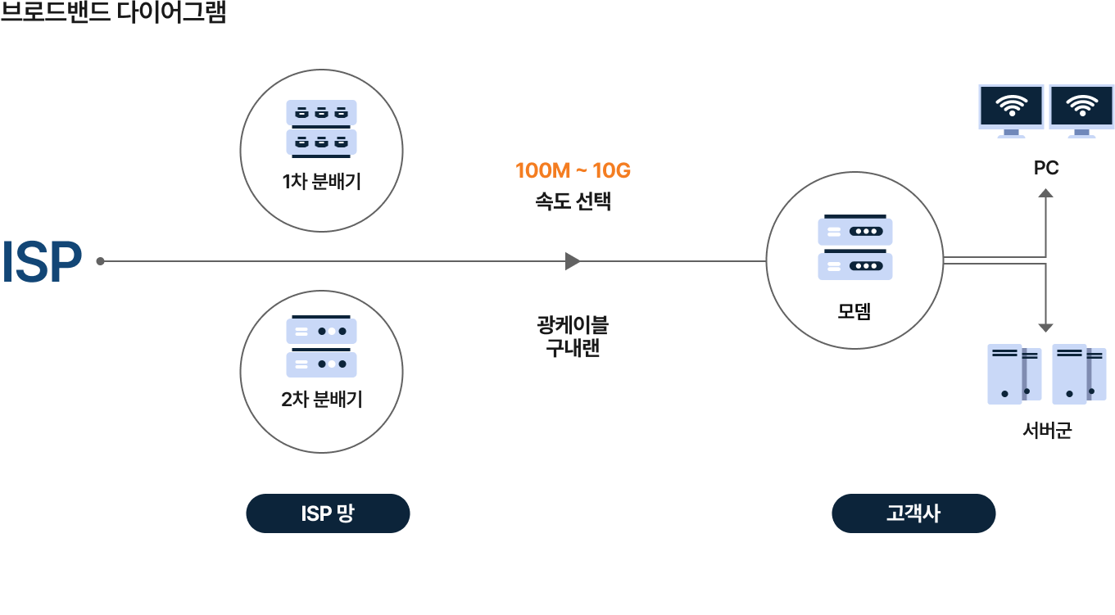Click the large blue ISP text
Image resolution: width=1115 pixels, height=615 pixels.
[42, 262]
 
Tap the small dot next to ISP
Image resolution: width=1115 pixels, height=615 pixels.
[100, 261]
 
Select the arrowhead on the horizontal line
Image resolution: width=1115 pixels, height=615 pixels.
[573, 261]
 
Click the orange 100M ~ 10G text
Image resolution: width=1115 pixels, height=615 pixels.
[573, 171]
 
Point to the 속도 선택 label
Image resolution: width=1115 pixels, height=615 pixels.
[573, 201]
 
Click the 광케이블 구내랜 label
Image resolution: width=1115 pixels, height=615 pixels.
[573, 336]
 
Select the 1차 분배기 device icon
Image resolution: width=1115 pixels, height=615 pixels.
[321, 127]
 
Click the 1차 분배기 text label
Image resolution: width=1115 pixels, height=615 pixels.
[321, 181]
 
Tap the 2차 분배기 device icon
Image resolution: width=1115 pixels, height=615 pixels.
[321, 347]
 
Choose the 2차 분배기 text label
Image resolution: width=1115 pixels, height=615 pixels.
[321, 400]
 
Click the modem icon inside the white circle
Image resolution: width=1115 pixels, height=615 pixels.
[854, 248]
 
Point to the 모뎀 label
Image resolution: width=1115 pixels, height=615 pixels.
[854, 311]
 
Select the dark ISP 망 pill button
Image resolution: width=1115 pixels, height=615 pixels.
[328, 513]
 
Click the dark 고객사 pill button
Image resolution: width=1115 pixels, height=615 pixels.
[913, 513]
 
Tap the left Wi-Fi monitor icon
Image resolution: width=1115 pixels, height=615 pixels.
[1011, 110]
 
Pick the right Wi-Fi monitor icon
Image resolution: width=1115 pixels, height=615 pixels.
[1081, 110]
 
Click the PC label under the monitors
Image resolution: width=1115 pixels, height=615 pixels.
[1046, 168]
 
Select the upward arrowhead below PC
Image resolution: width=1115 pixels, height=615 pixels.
[1045, 193]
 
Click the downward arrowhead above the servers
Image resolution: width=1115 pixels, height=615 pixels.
[1045, 328]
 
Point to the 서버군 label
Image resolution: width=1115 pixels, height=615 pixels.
[1047, 430]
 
